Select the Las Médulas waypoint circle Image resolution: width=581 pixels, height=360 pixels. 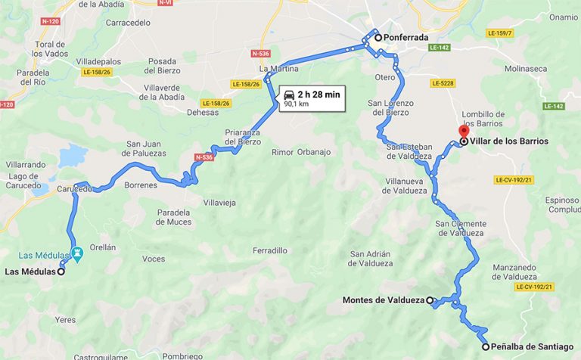(x=61, y=272)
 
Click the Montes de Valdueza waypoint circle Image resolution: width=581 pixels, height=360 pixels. (x=430, y=300)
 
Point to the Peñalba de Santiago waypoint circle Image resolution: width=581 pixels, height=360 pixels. (x=485, y=347)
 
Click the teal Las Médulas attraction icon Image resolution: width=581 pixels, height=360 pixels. (x=76, y=253)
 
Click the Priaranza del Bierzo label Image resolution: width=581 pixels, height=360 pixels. (x=242, y=136)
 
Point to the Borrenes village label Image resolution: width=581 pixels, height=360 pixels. (x=141, y=185)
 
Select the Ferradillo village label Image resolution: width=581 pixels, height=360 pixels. (x=270, y=250)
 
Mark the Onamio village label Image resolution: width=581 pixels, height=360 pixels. (x=563, y=17)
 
